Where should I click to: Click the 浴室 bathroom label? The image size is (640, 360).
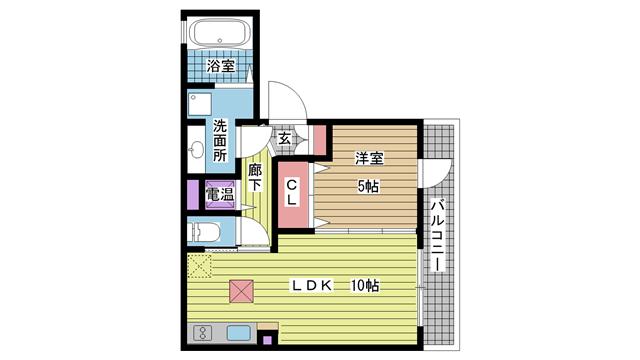220,66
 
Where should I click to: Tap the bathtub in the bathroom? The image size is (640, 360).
220,33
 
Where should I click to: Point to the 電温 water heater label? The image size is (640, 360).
220,194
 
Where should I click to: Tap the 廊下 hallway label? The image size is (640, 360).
255,178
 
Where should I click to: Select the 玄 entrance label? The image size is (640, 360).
284,138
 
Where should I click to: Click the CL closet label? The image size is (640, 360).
292,193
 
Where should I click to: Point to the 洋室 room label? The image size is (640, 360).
369,158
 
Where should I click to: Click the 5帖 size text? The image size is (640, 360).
368,187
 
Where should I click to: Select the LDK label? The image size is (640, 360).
311,286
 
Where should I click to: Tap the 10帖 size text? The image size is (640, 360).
365,286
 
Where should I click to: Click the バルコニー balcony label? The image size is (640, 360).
438,235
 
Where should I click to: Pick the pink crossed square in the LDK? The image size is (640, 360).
241,291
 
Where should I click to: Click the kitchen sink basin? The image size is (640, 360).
239,333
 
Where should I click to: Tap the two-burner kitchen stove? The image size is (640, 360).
202,333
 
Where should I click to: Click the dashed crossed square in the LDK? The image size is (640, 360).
199,266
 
